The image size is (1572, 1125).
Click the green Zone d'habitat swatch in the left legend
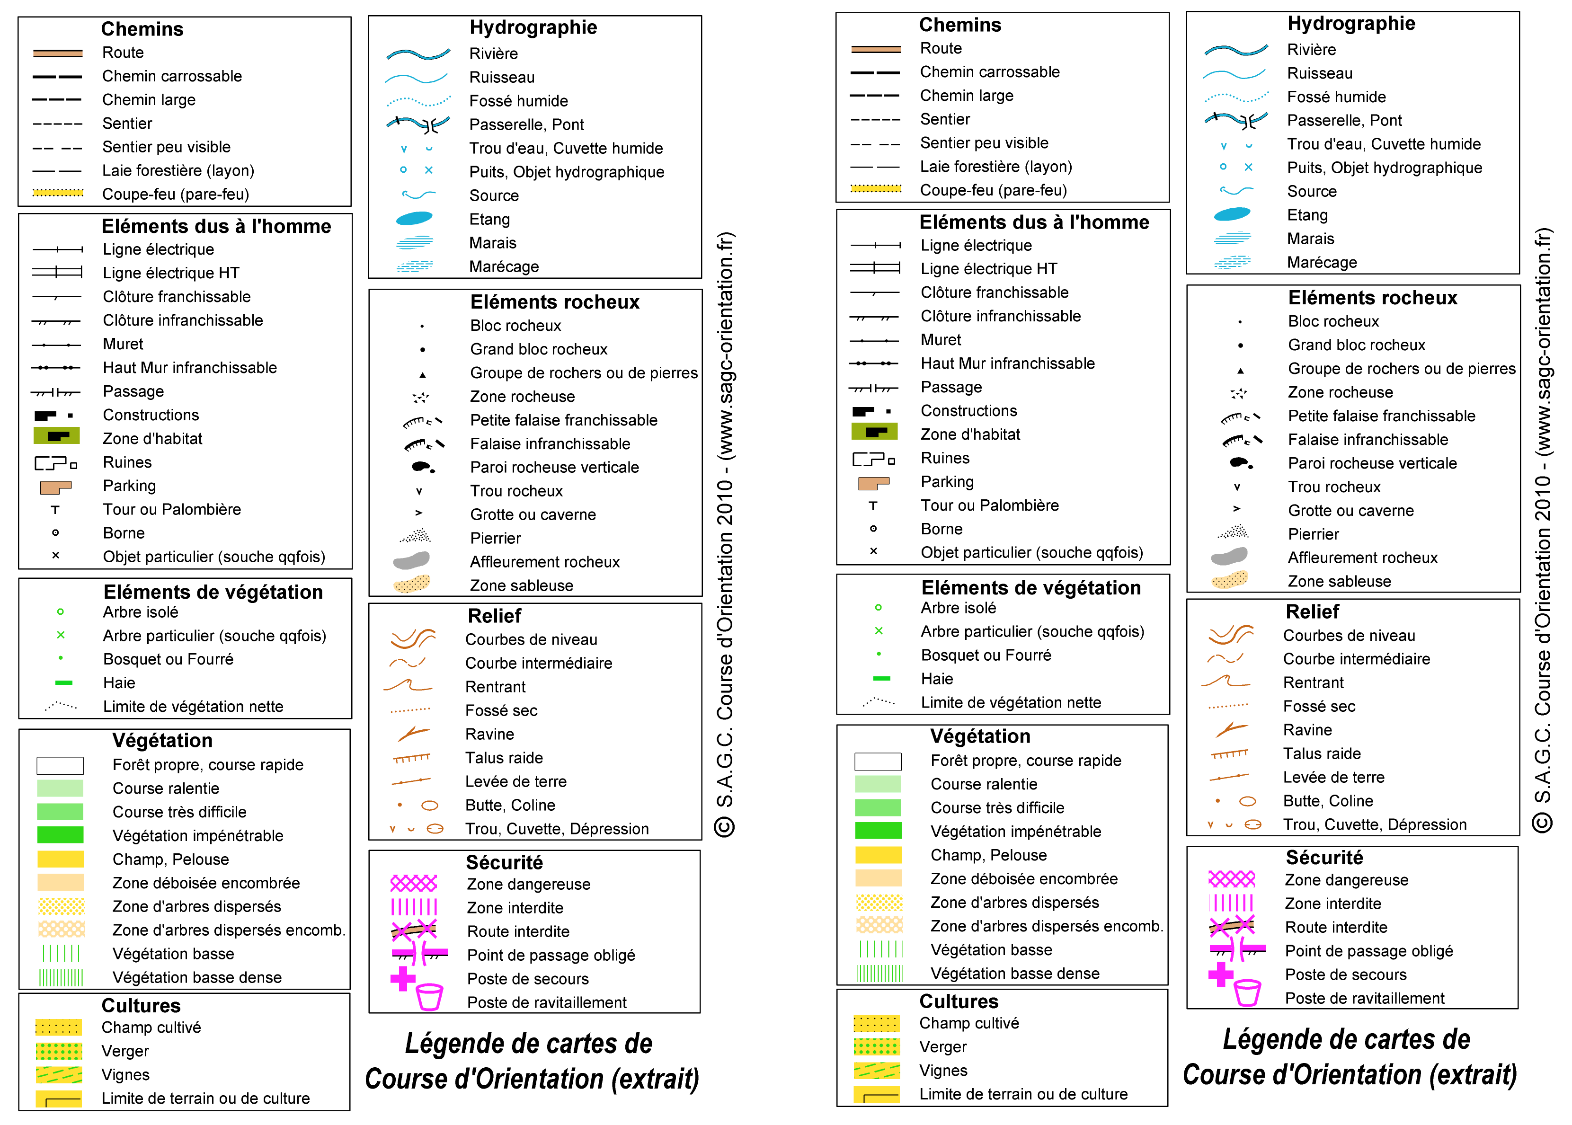[56, 436]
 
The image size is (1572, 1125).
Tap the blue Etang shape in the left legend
[414, 218]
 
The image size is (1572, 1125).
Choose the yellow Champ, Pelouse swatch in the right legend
[878, 854]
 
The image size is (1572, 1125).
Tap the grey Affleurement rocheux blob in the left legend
[411, 560]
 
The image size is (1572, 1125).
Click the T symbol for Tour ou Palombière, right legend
[873, 505]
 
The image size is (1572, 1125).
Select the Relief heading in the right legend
[1312, 611]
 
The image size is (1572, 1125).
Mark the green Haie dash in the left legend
[64, 682]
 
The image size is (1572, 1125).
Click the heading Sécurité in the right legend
[1323, 858]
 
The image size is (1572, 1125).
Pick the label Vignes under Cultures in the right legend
[942, 1070]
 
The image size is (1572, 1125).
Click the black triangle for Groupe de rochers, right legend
[1240, 371]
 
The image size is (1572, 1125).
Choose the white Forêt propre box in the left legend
[60, 765]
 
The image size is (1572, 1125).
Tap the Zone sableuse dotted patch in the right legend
[1230, 579]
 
